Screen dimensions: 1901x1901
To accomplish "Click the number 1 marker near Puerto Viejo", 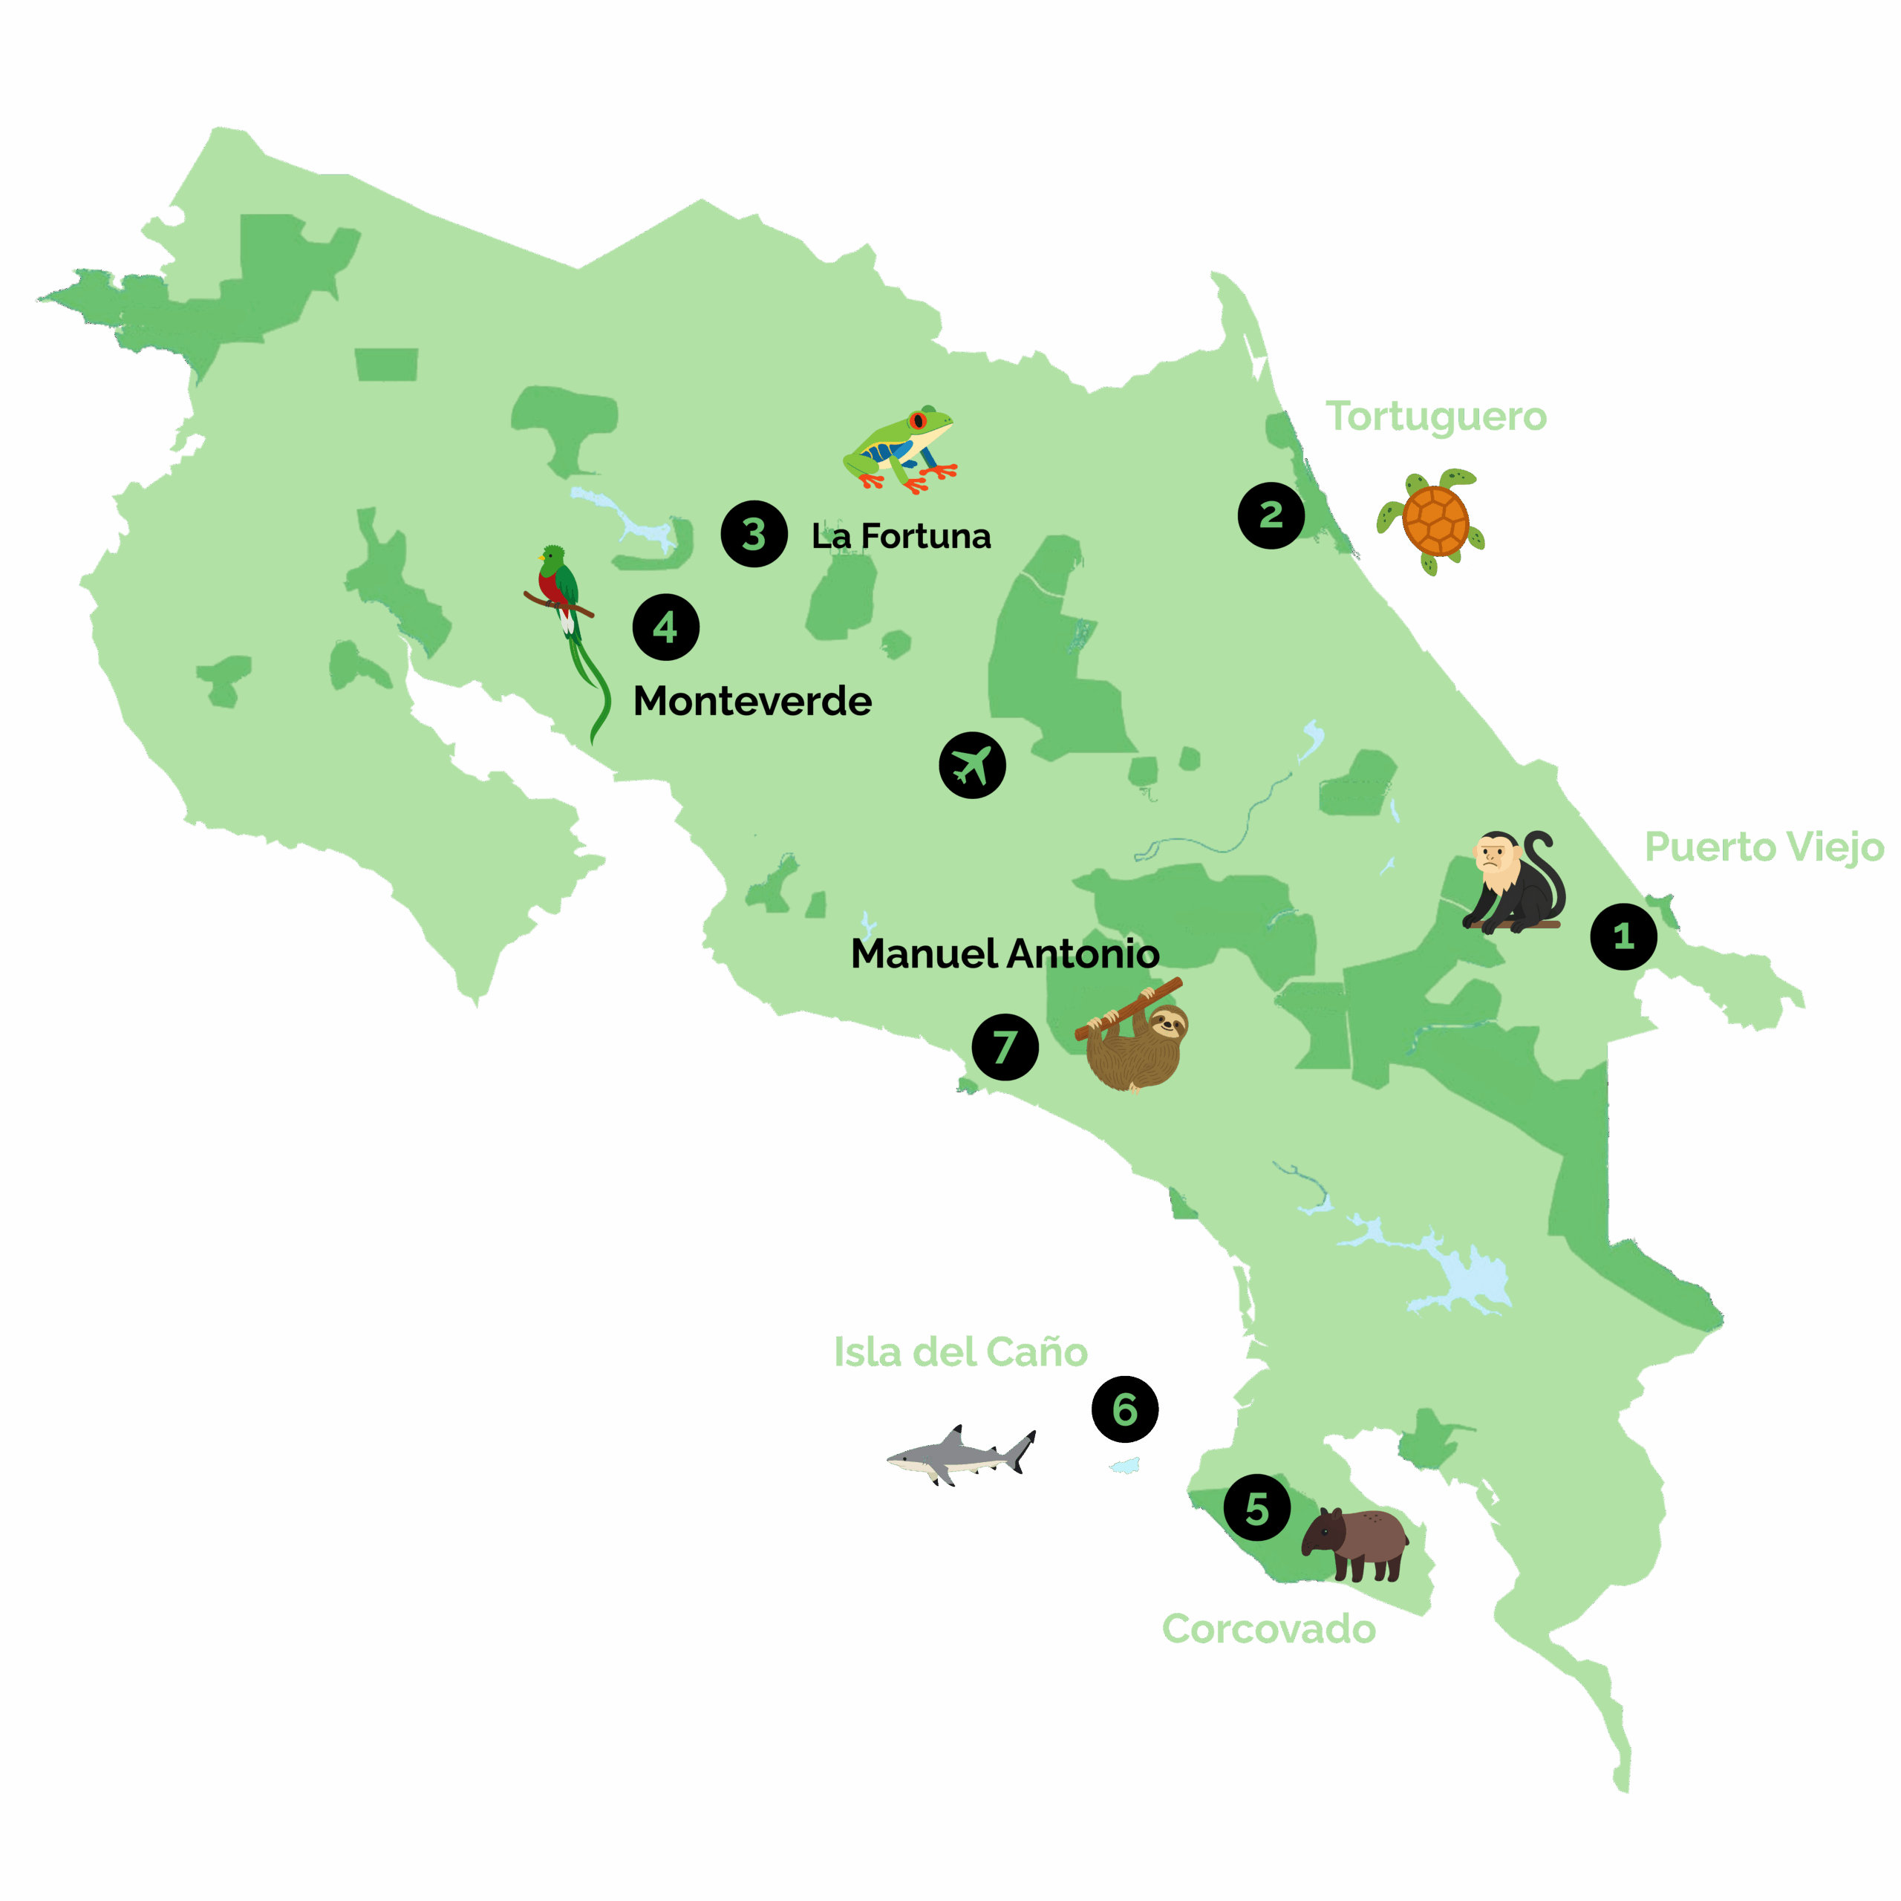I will click(x=1623, y=936).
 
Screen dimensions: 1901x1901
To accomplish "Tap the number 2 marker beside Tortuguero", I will click(x=1271, y=515).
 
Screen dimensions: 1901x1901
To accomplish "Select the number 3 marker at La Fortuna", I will click(x=754, y=535).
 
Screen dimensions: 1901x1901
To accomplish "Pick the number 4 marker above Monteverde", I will click(x=666, y=627).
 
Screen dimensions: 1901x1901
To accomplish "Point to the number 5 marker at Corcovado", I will click(x=1256, y=1507).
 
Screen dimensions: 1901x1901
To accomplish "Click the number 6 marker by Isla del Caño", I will click(x=1125, y=1409).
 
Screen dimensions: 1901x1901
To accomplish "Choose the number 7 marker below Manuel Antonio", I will click(x=1005, y=1047).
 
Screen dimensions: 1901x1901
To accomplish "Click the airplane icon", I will click(x=972, y=765).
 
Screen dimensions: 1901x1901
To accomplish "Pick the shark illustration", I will click(x=960, y=1454).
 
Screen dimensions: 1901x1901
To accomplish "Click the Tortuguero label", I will click(x=1435, y=416).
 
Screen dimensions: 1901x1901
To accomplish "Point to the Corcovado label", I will click(x=1268, y=1628).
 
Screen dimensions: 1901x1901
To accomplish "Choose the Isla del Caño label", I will click(x=960, y=1352).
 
